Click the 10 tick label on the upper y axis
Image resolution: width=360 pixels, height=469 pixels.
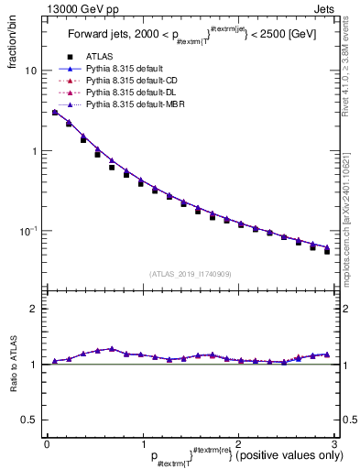click(x=31, y=71)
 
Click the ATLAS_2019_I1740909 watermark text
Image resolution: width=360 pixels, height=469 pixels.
click(x=189, y=273)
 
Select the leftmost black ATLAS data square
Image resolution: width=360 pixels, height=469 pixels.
click(x=55, y=114)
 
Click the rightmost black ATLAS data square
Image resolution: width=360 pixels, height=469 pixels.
click(x=327, y=251)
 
